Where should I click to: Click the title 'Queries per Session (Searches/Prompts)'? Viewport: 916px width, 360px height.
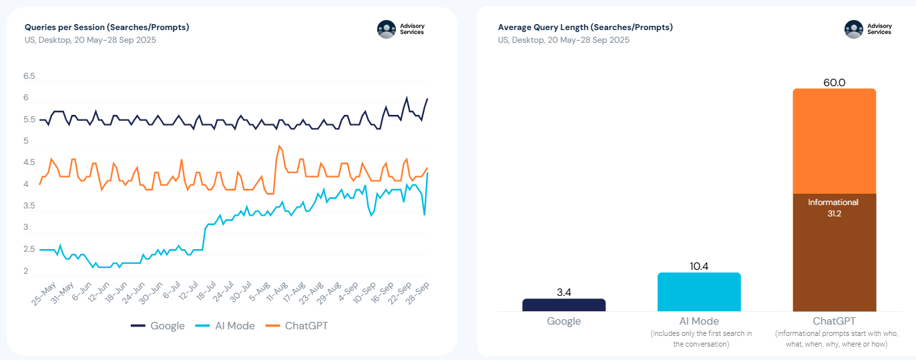107,27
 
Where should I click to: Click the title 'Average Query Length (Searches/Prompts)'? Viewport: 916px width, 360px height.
585,27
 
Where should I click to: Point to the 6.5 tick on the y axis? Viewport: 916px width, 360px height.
29,77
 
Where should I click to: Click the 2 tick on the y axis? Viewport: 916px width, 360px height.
26,271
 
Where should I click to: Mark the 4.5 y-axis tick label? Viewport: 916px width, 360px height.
29,163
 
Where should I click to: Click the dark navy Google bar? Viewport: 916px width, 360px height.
563,305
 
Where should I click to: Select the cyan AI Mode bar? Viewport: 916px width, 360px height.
698,292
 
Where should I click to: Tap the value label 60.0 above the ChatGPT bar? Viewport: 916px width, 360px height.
834,83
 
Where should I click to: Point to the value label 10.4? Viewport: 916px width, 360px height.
698,266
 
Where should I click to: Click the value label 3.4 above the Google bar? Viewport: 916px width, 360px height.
563,293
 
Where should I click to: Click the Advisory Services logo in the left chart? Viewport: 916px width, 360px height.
401,29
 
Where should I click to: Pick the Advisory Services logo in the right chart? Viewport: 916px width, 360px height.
868,29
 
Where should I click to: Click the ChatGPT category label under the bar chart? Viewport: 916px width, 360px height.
834,321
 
